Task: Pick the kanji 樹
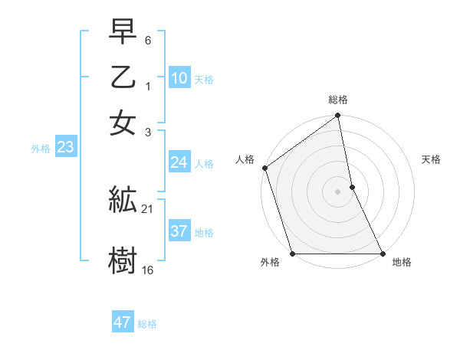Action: pyautogui.click(x=123, y=259)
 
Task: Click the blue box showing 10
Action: pyautogui.click(x=179, y=78)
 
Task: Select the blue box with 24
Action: pyautogui.click(x=179, y=162)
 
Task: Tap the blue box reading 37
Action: pyautogui.click(x=179, y=231)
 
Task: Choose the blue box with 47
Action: pyautogui.click(x=123, y=322)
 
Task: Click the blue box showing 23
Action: pyautogui.click(x=64, y=148)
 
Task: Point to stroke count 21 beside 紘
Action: pyautogui.click(x=148, y=209)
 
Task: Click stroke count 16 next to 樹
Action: pyautogui.click(x=148, y=270)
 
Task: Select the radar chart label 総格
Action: pyautogui.click(x=338, y=100)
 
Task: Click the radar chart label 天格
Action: pyautogui.click(x=431, y=160)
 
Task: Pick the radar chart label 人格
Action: pyautogui.click(x=245, y=160)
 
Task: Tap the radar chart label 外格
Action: pyautogui.click(x=270, y=263)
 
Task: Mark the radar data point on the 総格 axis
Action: pyautogui.click(x=338, y=116)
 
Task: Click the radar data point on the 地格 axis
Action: pyautogui.click(x=383, y=254)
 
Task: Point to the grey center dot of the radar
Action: pyautogui.click(x=338, y=191)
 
